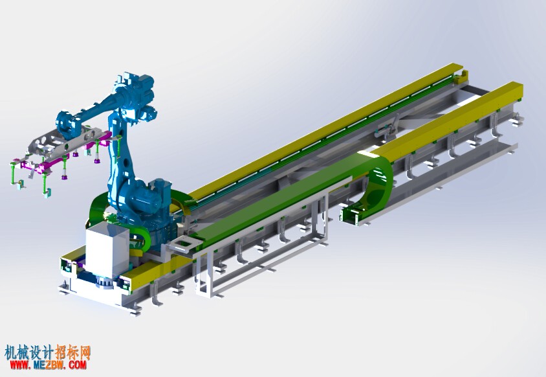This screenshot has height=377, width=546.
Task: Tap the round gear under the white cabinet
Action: (x=104, y=282)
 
